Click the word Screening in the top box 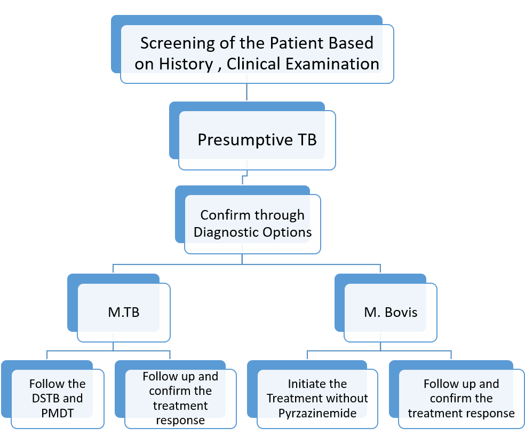pos(178,44)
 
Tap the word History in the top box pos(186,64)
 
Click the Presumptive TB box pos(257,140)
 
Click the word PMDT pos(57,413)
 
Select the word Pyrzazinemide pos(317,414)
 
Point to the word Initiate pos(308,384)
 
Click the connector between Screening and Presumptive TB pos(247,92)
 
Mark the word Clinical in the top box pos(253,64)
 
